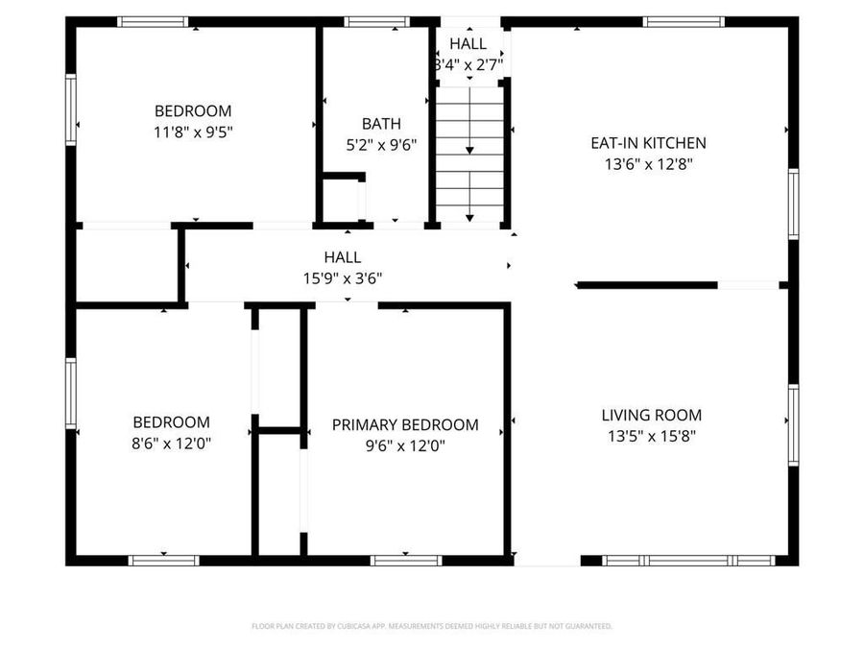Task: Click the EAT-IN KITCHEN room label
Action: tap(648, 143)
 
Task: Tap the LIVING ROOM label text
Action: tap(652, 416)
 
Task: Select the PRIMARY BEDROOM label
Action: tap(405, 424)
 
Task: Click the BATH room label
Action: tap(381, 124)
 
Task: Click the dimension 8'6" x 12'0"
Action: tap(171, 444)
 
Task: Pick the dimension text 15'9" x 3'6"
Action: tap(343, 278)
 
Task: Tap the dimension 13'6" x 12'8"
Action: tap(648, 164)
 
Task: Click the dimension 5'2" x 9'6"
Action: tap(381, 145)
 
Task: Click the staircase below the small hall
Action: tap(469, 154)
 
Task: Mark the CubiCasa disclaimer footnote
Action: tap(431, 626)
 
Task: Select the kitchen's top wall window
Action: tap(684, 21)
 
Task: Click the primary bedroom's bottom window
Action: tap(406, 560)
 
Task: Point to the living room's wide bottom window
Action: tap(688, 560)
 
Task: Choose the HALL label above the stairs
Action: tap(468, 44)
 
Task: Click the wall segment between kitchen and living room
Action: tap(646, 285)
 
